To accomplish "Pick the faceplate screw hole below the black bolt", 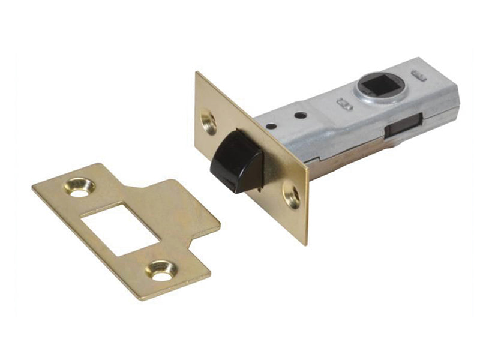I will click(292, 197).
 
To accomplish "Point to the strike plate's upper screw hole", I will click(80, 187).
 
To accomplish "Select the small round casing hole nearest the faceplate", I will click(271, 127).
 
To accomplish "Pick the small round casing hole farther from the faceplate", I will click(301, 115).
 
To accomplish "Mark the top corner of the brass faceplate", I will click(196, 73).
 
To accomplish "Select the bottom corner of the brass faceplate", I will click(306, 244).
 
